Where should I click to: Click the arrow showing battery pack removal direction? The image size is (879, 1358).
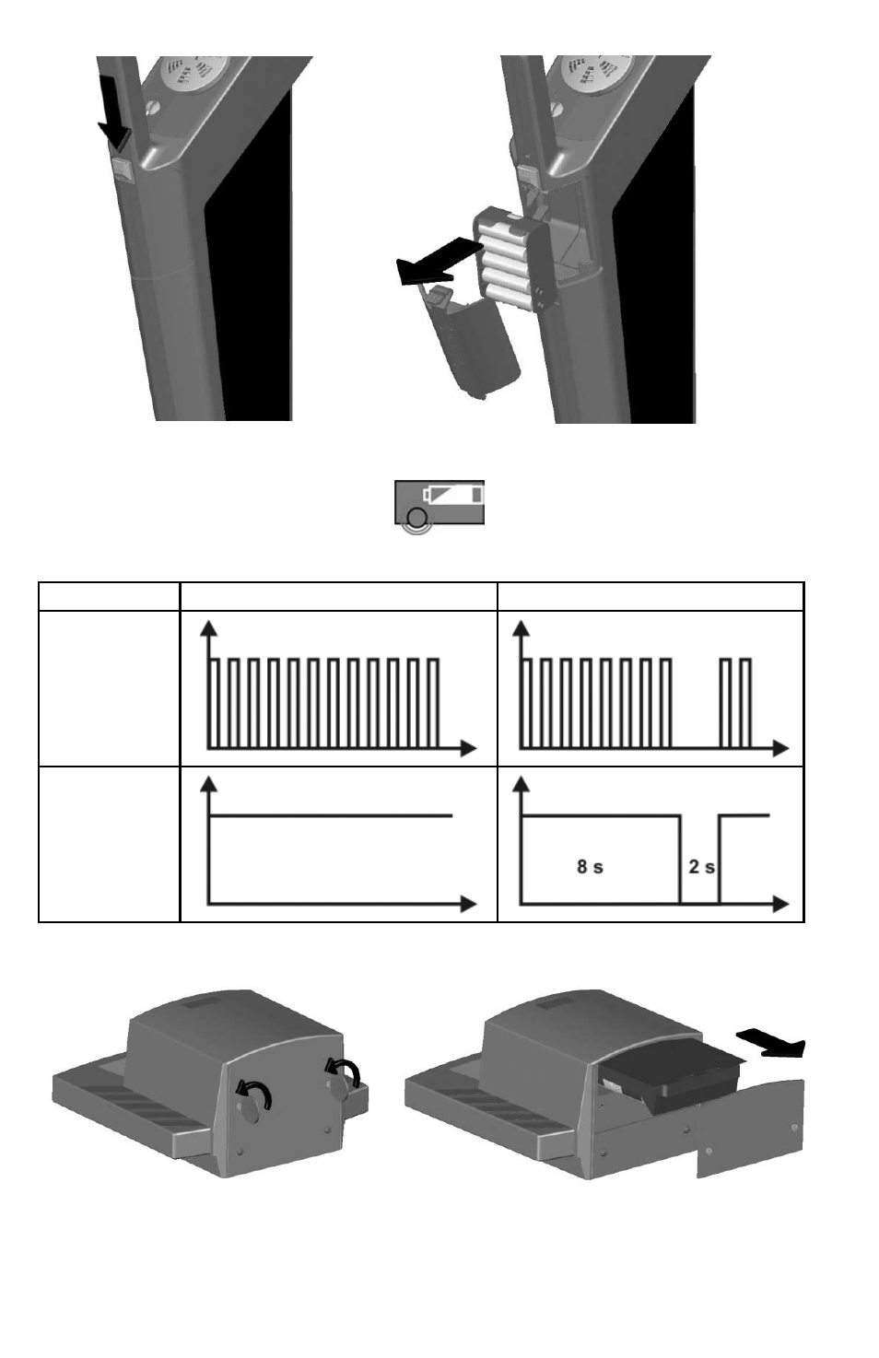click(x=438, y=261)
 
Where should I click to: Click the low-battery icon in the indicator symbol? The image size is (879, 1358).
click(x=453, y=494)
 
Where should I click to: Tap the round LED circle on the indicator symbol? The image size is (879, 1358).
click(x=417, y=517)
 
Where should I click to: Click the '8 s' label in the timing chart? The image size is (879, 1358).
click(x=590, y=866)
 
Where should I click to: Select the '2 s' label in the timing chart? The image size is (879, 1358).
click(x=701, y=866)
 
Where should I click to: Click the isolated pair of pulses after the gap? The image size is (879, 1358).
click(x=735, y=703)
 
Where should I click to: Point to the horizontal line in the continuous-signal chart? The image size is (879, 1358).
click(x=331, y=816)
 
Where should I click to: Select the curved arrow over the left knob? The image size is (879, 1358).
click(x=254, y=1095)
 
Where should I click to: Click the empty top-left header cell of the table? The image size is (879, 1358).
click(x=109, y=597)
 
